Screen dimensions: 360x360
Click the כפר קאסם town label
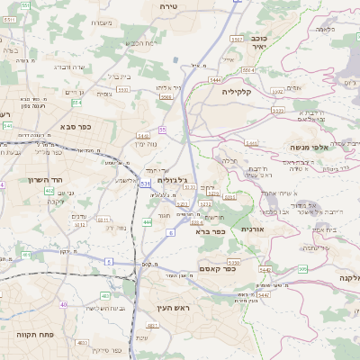216,267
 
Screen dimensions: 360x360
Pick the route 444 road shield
147,221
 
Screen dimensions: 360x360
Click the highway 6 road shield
170,233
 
